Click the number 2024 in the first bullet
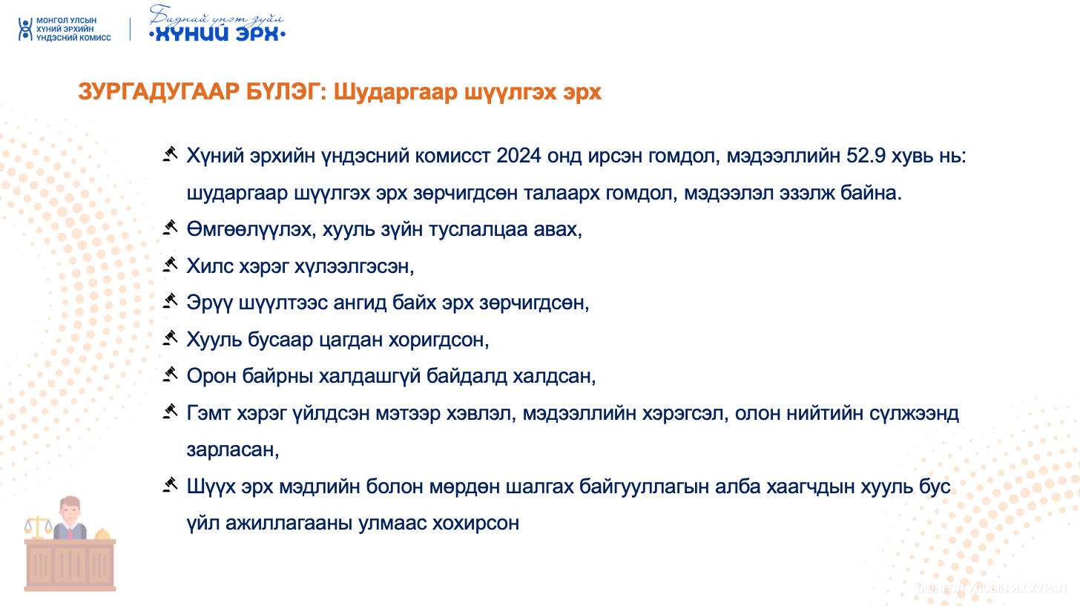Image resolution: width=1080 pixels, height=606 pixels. click(518, 157)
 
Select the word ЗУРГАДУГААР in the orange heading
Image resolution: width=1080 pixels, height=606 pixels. click(159, 91)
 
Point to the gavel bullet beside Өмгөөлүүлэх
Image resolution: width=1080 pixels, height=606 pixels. click(170, 228)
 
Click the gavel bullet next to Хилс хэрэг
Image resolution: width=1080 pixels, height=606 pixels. click(170, 264)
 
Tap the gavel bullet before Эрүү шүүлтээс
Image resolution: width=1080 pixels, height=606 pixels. click(170, 301)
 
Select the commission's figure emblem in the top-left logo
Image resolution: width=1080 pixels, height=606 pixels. click(25, 30)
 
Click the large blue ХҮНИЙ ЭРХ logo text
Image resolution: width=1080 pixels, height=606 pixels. click(217, 33)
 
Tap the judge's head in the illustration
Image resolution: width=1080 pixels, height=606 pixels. click(70, 510)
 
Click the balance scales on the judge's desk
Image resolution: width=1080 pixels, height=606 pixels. click(38, 528)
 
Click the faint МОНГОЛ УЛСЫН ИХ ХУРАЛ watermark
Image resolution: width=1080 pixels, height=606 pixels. click(991, 589)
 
